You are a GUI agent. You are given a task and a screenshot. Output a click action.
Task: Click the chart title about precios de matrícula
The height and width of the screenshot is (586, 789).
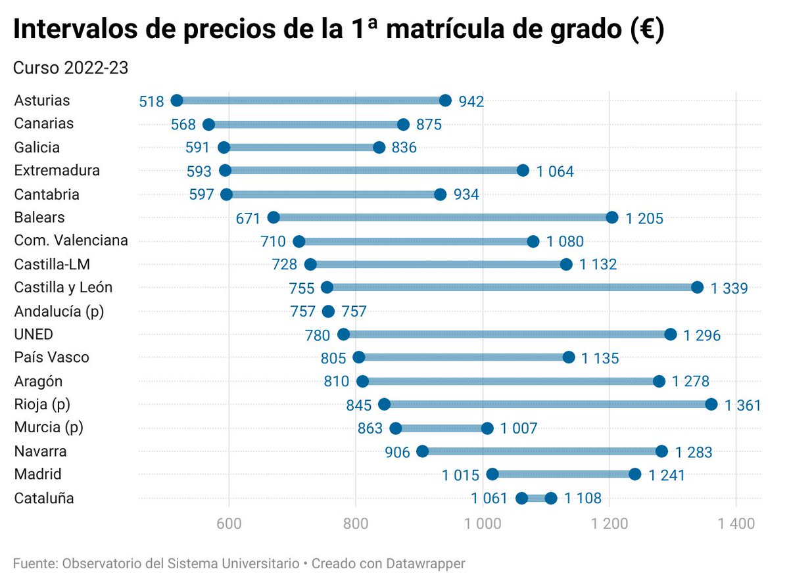339,31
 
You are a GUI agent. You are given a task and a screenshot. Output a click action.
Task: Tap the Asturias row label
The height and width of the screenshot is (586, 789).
42,101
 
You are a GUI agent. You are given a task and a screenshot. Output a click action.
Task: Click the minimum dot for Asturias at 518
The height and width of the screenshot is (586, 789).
176,101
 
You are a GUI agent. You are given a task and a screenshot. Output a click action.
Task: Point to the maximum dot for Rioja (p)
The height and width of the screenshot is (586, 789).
711,404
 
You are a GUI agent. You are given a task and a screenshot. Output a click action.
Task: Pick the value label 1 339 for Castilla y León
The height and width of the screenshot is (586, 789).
729,288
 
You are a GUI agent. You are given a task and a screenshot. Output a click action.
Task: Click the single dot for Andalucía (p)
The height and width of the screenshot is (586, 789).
328,311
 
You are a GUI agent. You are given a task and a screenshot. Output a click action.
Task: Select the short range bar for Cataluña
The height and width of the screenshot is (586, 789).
537,498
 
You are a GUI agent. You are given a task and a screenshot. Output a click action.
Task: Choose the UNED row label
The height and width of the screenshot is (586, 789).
34,334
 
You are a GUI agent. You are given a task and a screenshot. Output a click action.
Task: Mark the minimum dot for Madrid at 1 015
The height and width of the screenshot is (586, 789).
492,474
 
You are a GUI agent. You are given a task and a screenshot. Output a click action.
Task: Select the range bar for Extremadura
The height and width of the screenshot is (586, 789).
373,171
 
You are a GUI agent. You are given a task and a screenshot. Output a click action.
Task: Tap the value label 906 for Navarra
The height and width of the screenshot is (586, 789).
398,452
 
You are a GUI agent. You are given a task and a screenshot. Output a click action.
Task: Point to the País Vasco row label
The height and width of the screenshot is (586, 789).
51,357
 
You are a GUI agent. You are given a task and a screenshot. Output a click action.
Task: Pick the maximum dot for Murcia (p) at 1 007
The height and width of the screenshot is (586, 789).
487,428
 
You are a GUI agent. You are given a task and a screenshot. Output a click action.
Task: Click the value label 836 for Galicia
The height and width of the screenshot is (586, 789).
404,148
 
